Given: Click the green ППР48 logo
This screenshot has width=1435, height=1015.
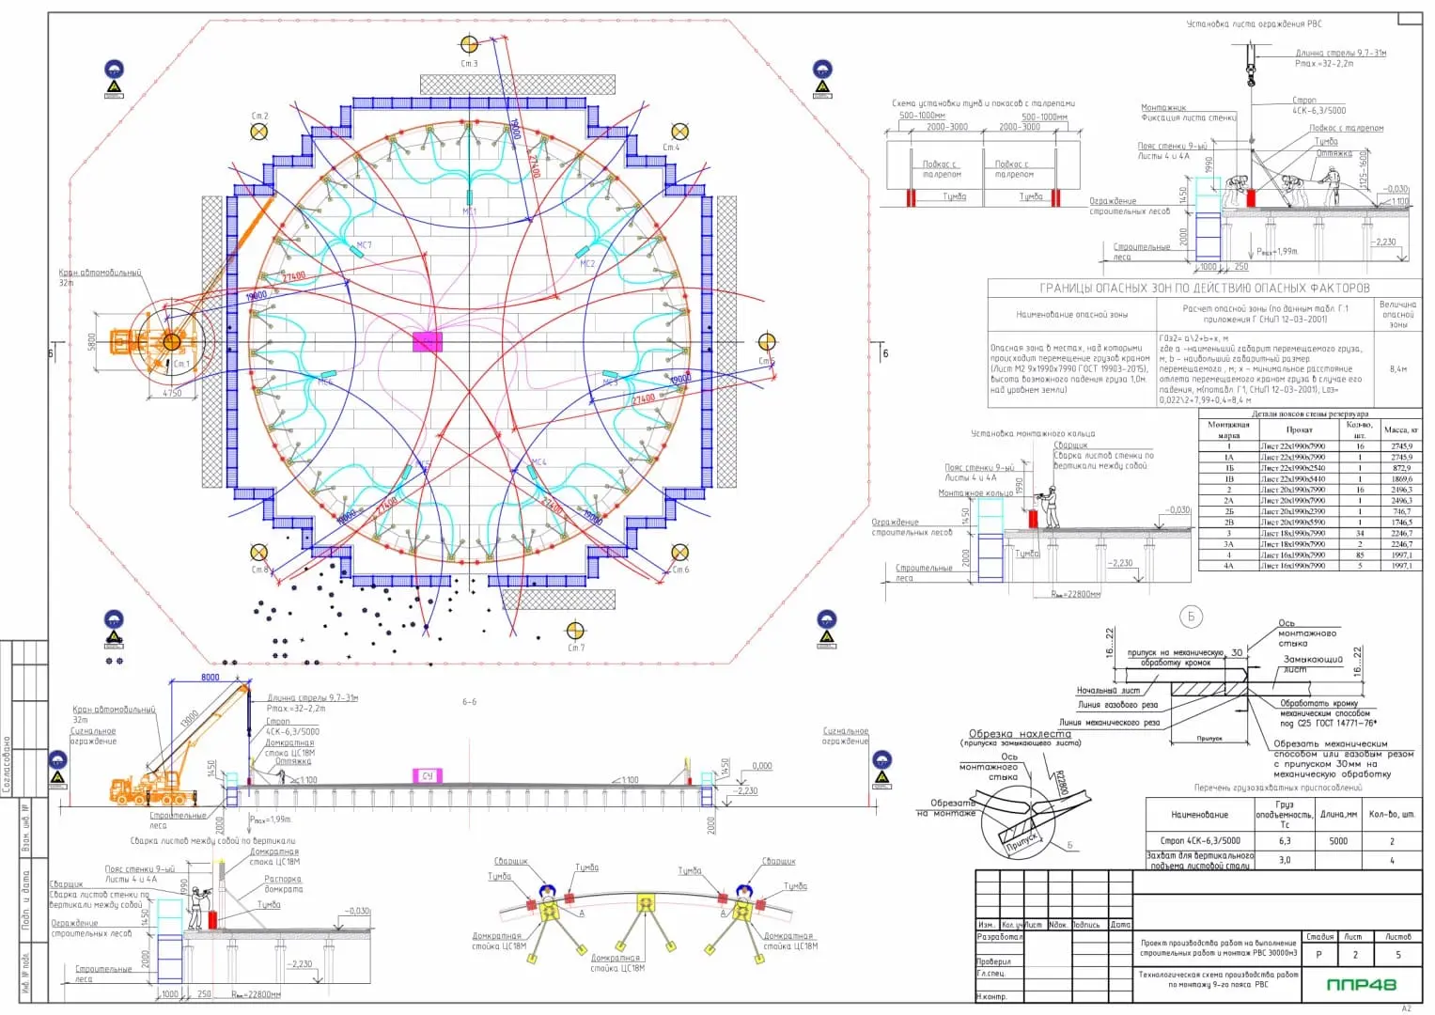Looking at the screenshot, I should pos(1361,984).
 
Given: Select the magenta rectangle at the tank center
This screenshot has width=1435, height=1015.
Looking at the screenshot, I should pos(427,341).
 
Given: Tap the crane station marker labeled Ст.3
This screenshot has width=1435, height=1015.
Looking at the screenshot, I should pos(469,44).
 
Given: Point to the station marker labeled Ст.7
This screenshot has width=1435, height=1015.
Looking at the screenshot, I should pos(575,631).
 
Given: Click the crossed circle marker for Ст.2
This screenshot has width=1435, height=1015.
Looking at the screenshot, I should pos(259,132).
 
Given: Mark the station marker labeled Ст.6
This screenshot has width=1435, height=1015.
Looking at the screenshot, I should pos(679,553).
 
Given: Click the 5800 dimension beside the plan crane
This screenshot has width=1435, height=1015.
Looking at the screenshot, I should pos(91,341).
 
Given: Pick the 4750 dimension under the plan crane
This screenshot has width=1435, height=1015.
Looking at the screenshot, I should pos(172,393).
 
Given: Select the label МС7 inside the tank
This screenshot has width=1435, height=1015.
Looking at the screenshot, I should pos(364,245).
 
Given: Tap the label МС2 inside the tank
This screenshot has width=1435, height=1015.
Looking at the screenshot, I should pos(587,264).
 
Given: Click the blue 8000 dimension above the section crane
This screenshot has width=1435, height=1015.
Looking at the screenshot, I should pos(211,677).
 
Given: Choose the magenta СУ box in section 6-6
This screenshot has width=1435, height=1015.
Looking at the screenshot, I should pos(428,775).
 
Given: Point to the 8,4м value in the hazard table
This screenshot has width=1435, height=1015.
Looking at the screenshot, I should pos(1398,369).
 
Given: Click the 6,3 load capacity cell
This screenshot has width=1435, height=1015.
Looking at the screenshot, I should pos(1284,841).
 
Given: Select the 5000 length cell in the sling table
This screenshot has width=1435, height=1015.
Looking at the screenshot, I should pos(1338,841).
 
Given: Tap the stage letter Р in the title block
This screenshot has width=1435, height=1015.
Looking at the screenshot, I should pos(1318,955).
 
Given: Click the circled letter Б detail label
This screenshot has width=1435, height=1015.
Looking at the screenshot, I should pos(1191,617).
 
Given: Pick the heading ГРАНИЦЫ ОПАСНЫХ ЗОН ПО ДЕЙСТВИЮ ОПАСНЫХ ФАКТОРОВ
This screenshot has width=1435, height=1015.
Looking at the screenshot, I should pos(1204,288).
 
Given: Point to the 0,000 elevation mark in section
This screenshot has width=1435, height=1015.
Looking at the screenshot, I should pos(762,766).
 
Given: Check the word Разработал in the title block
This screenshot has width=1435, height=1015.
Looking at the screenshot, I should pos(998,937).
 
